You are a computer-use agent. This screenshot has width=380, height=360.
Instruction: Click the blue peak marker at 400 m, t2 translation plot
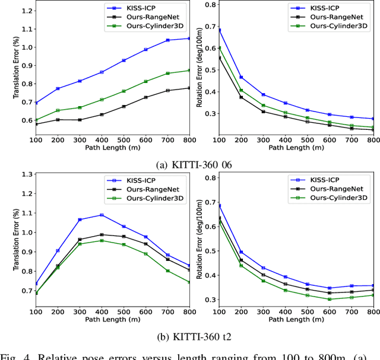click(102, 215)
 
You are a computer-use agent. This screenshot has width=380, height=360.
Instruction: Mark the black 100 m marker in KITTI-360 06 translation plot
click(37, 124)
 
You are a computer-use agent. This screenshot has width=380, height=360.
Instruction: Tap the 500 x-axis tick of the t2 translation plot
click(123, 311)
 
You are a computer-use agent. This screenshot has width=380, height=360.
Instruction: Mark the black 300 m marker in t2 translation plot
click(80, 239)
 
